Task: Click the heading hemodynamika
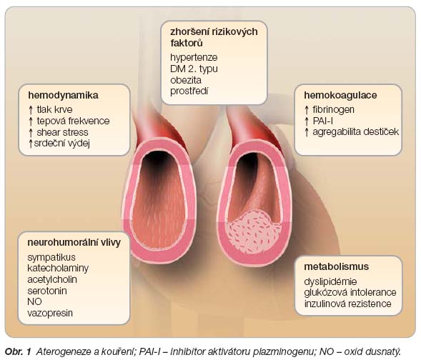pos(63,96)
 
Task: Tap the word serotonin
pos(47,291)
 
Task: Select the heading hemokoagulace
pos(340,96)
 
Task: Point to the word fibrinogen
pos(334,110)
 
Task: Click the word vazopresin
pos(50,313)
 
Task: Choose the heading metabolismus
pos(336,266)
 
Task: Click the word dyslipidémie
pos(330,281)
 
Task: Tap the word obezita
pos(186,80)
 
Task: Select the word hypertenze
pos(194,58)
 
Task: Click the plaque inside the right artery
pos(254,232)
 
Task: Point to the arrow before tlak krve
pos(31,110)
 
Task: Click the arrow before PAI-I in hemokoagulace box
pos(307,121)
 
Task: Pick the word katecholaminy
pos(58,269)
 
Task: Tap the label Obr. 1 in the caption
pos(19,351)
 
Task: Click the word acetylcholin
pos(52,279)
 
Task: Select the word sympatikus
pos(51,258)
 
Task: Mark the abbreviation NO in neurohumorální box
pos(34,302)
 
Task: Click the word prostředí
pos(189,91)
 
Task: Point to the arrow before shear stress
pos(31,133)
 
